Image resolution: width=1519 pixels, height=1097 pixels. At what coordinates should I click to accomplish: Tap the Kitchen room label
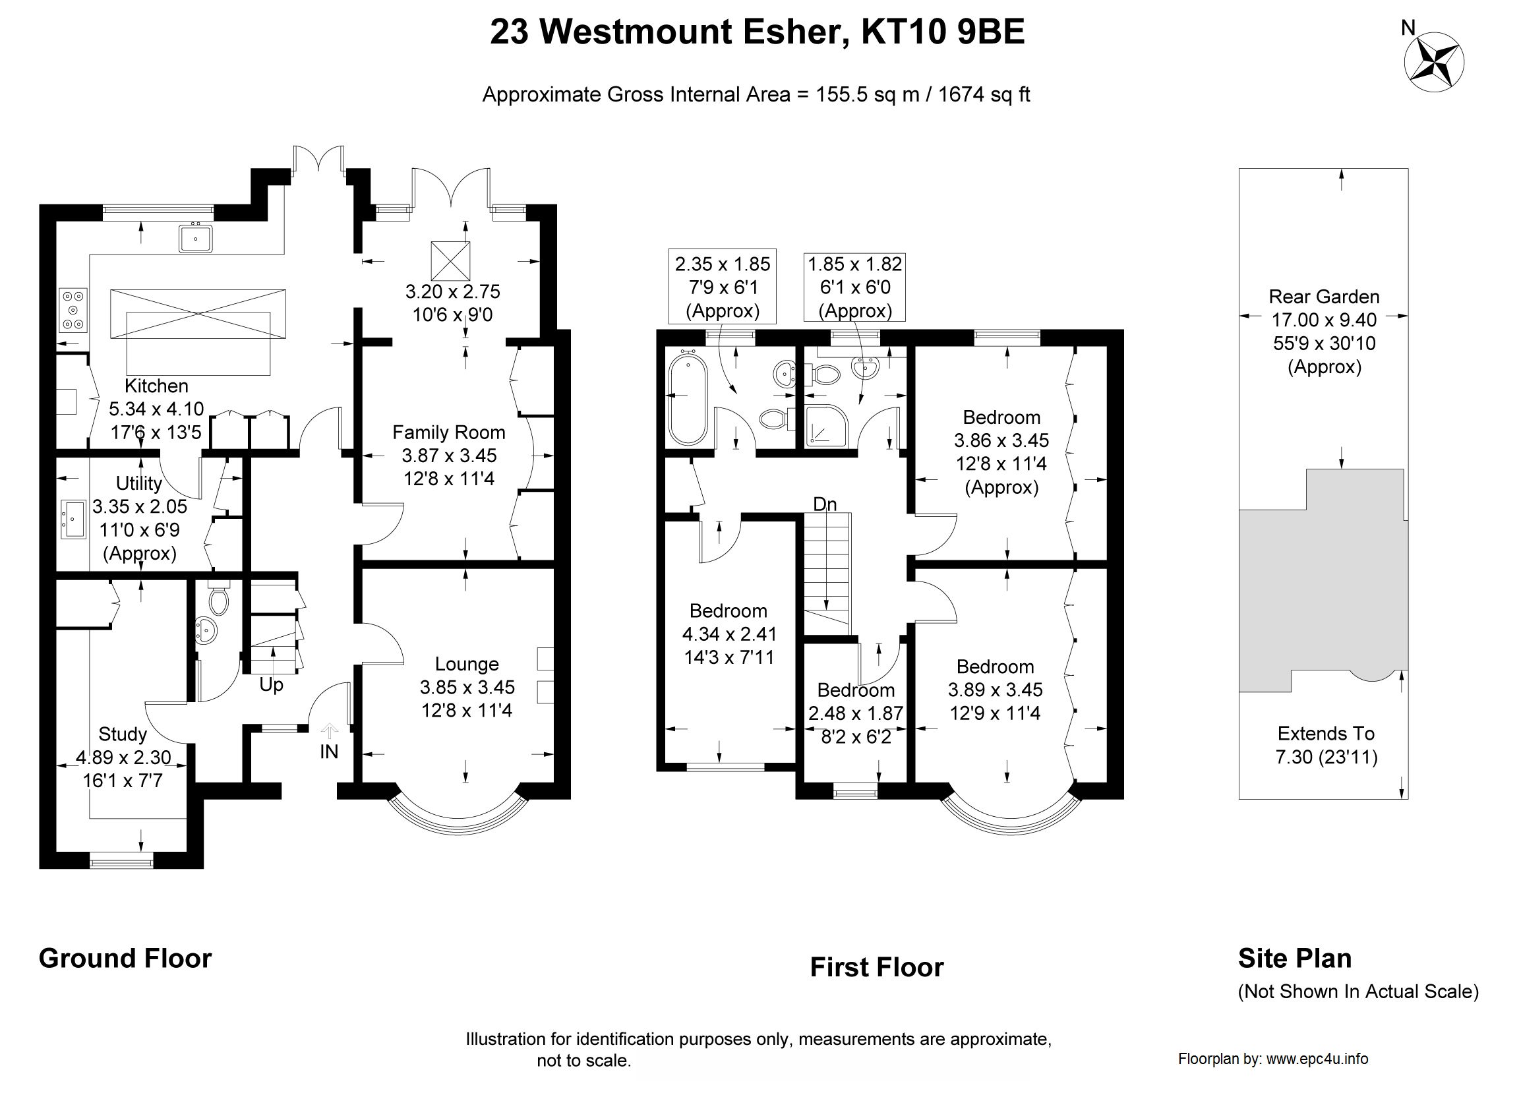pyautogui.click(x=157, y=386)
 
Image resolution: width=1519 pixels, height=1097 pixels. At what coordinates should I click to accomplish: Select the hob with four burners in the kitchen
pyautogui.click(x=73, y=309)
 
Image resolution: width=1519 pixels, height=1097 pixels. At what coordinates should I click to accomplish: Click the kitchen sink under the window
pyautogui.click(x=196, y=238)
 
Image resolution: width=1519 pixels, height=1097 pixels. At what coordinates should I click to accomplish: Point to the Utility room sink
pyautogui.click(x=73, y=519)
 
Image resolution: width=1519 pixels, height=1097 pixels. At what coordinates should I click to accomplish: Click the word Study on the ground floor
pyautogui.click(x=123, y=734)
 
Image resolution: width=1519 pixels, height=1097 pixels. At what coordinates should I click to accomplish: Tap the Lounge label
pyautogui.click(x=467, y=664)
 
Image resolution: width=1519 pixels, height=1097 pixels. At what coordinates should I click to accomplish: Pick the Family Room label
pyautogui.click(x=449, y=432)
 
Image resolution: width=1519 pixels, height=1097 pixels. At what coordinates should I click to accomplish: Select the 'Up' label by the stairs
pyautogui.click(x=271, y=684)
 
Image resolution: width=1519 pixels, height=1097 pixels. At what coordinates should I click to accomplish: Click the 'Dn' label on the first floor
pyautogui.click(x=825, y=504)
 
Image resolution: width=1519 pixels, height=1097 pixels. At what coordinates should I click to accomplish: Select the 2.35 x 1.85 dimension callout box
pyautogui.click(x=723, y=286)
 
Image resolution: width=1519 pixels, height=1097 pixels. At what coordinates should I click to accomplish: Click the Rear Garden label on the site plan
pyautogui.click(x=1324, y=297)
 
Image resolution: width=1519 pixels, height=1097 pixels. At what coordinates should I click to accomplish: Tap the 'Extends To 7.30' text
pyautogui.click(x=1326, y=745)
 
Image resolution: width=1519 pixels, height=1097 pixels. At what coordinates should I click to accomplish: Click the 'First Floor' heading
pyautogui.click(x=877, y=967)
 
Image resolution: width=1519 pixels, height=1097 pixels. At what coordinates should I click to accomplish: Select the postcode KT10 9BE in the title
pyautogui.click(x=942, y=32)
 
